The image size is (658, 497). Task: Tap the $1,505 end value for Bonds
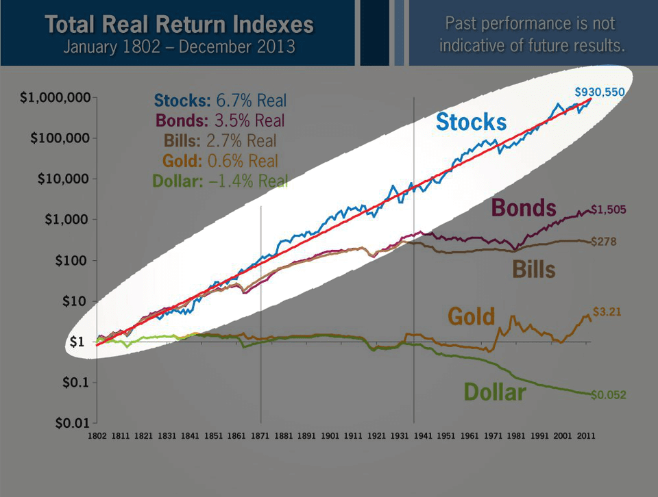pyautogui.click(x=609, y=209)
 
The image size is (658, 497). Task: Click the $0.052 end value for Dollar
pyautogui.click(x=608, y=394)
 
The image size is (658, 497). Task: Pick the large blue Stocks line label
pyautogui.click(x=472, y=122)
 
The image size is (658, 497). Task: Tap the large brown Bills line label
pyautogui.click(x=534, y=269)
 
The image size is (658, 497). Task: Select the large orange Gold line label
pyautogui.click(x=471, y=316)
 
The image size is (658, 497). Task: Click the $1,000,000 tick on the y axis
pyautogui.click(x=56, y=98)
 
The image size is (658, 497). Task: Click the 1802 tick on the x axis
pyautogui.click(x=97, y=435)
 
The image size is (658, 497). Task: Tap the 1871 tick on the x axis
pyautogui.click(x=261, y=435)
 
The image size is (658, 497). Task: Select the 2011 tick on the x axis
pyautogui.click(x=585, y=435)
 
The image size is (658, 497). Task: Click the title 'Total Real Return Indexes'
pyautogui.click(x=180, y=25)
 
